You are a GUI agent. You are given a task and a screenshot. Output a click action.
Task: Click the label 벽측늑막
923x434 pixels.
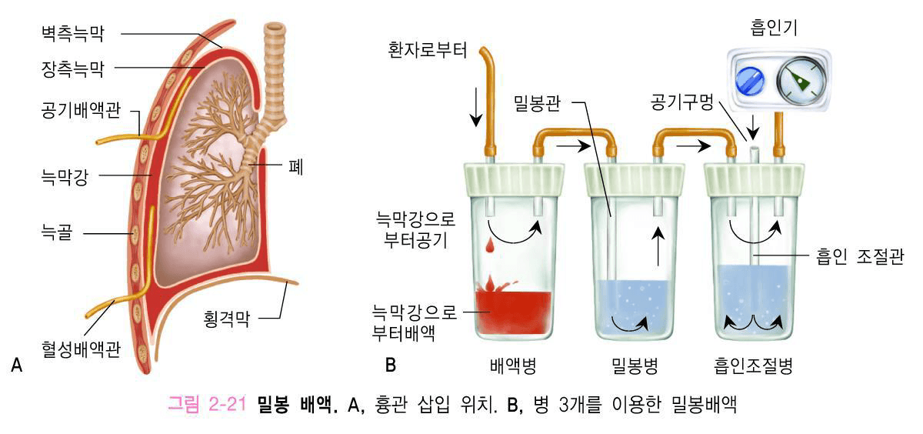click(72, 33)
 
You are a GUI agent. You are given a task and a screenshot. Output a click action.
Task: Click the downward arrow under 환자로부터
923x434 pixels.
click(477, 108)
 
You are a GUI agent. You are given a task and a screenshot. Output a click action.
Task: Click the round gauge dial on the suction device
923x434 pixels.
click(797, 78)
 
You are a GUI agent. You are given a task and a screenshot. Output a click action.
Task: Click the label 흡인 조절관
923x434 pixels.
click(861, 255)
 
